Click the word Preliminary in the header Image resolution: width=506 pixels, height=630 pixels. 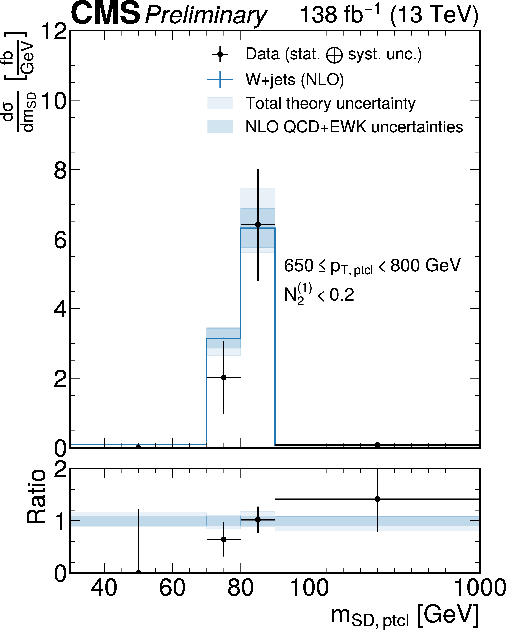(x=206, y=15)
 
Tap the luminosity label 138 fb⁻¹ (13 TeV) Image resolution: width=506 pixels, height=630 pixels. (x=389, y=15)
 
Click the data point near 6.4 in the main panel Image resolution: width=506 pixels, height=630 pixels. (x=258, y=225)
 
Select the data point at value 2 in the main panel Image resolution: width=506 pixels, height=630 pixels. (x=223, y=378)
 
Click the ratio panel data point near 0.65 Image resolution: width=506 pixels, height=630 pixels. (x=223, y=539)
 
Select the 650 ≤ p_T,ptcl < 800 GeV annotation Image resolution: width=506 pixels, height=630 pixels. (x=372, y=266)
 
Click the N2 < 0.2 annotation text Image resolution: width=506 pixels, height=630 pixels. (x=319, y=295)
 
